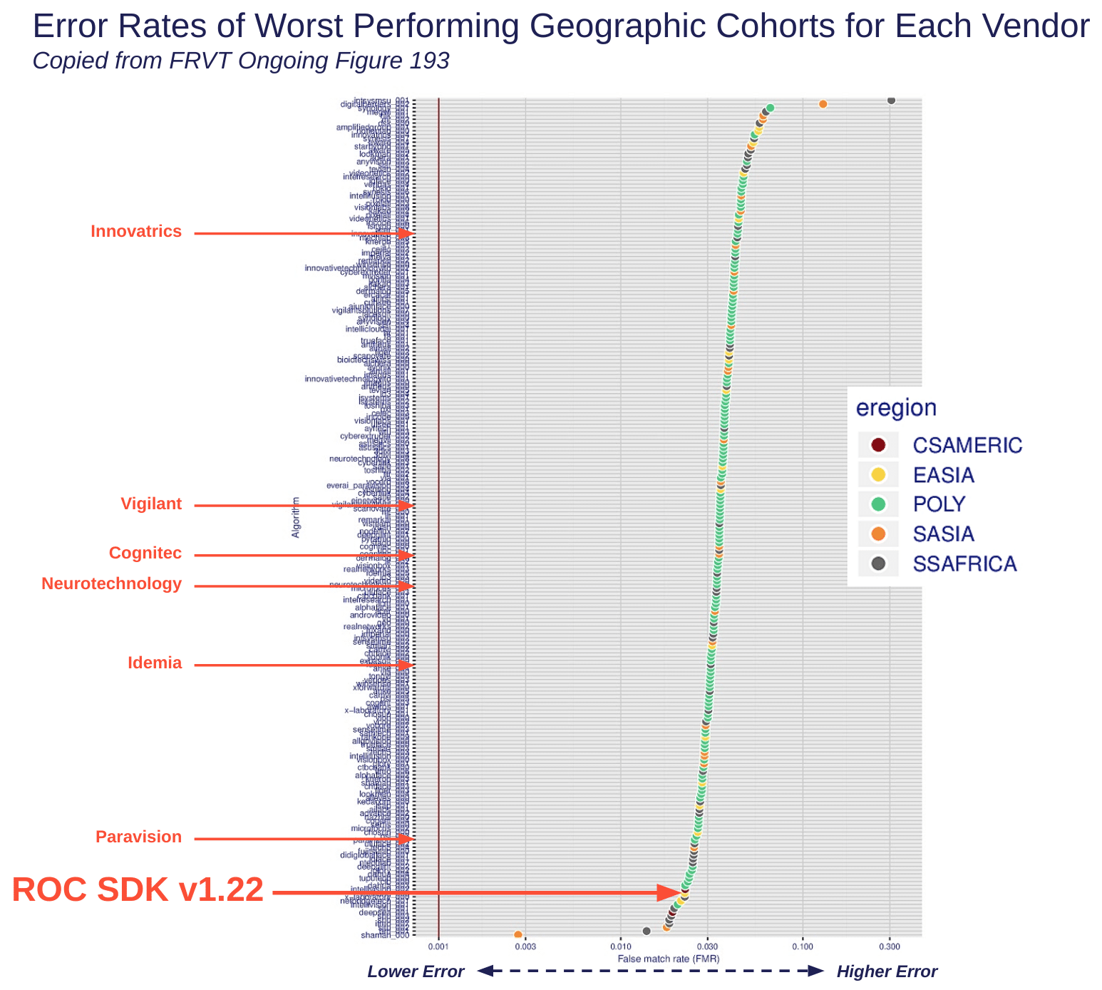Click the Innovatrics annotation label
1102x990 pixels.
pyautogui.click(x=136, y=232)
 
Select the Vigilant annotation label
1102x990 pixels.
pyautogui.click(x=151, y=504)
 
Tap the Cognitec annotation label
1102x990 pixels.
pyautogui.click(x=145, y=553)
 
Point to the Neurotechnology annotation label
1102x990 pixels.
pyautogui.click(x=112, y=584)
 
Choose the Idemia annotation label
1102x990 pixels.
pyautogui.click(x=155, y=663)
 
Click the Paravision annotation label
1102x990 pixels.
pyautogui.click(x=139, y=837)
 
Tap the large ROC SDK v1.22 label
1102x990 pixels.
pyautogui.click(x=138, y=891)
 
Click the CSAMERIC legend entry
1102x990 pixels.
pyautogui.click(x=967, y=446)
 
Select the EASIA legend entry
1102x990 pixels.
pyautogui.click(x=943, y=475)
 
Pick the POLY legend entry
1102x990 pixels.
pyautogui.click(x=939, y=504)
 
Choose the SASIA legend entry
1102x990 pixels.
pyautogui.click(x=943, y=534)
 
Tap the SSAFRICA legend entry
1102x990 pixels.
pyautogui.click(x=964, y=564)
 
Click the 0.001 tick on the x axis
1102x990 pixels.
pyautogui.click(x=438, y=947)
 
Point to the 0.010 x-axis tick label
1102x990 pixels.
pyautogui.click(x=620, y=947)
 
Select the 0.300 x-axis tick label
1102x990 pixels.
pyautogui.click(x=890, y=947)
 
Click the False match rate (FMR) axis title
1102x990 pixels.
pyautogui.click(x=668, y=959)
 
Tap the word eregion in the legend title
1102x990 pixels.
pyautogui.click(x=896, y=408)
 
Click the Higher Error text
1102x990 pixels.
pyautogui.click(x=887, y=971)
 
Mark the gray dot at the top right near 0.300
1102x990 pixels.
pyautogui.click(x=891, y=100)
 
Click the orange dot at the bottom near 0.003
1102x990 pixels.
pyautogui.click(x=518, y=934)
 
